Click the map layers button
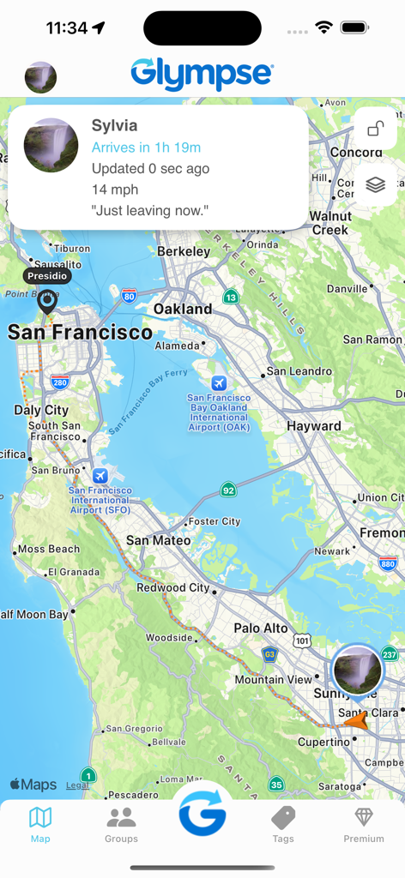tap(375, 184)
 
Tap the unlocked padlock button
tap(375, 129)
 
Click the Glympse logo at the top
tap(202, 74)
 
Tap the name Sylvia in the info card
tap(114, 125)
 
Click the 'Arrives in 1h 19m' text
tap(146, 147)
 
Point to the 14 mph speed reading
tap(115, 189)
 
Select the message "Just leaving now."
tap(150, 210)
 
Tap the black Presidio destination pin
tap(46, 301)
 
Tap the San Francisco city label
tap(80, 333)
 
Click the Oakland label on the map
tap(183, 309)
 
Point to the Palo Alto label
tap(261, 628)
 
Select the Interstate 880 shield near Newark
tap(388, 564)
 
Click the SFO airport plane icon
tap(100, 476)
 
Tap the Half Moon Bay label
tap(34, 615)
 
